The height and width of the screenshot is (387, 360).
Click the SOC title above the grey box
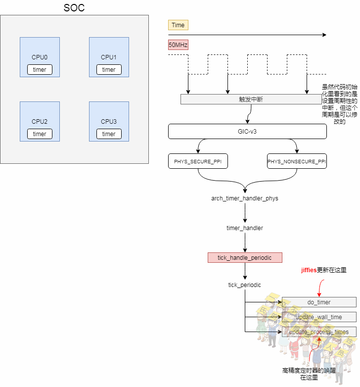tap(74, 8)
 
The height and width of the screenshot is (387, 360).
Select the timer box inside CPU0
tap(40, 70)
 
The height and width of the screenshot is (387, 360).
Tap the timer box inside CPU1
tap(109, 70)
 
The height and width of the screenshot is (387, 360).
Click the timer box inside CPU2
tap(40, 134)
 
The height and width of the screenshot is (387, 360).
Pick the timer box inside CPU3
tap(109, 134)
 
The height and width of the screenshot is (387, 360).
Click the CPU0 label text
tap(40, 57)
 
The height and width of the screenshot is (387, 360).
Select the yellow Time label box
tap(178, 25)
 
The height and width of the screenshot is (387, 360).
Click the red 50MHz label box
tap(178, 45)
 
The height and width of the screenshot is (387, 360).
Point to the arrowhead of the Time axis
tap(324, 35)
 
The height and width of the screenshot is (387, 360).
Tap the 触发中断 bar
tap(251, 99)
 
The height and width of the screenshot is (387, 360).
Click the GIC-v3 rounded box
tap(247, 131)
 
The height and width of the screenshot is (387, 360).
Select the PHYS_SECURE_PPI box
tap(198, 161)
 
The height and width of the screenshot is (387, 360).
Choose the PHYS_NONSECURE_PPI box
tap(297, 161)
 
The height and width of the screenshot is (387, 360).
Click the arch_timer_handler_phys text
tap(245, 198)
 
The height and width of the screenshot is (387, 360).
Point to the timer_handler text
tap(245, 228)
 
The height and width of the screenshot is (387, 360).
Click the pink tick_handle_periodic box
tap(245, 258)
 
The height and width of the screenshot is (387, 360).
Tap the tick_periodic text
tap(245, 285)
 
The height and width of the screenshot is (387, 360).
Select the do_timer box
tap(319, 302)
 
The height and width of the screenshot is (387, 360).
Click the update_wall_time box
tap(319, 317)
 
